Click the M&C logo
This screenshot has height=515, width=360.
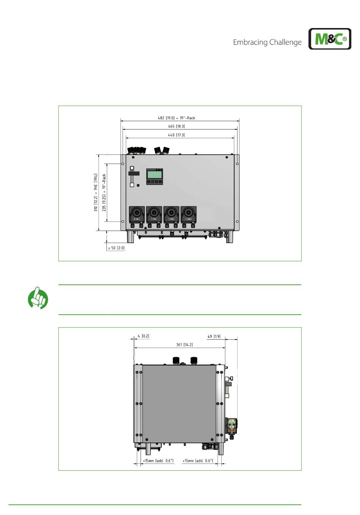click(x=330, y=39)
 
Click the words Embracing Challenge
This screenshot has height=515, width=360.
click(x=267, y=42)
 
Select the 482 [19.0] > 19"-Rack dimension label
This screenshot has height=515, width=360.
click(x=176, y=118)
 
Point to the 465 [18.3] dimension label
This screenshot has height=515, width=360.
click(x=176, y=126)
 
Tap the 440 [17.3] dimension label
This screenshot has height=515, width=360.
click(x=176, y=135)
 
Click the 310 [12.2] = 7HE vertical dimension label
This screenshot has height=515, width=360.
click(x=96, y=192)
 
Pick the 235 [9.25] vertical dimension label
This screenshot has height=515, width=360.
click(x=104, y=192)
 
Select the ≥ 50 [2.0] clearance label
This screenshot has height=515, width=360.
click(x=116, y=248)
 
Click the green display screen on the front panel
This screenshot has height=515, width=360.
click(x=155, y=175)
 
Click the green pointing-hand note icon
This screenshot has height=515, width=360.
click(x=38, y=298)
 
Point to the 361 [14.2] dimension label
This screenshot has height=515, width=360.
click(x=184, y=345)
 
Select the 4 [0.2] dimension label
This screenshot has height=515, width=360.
click(x=143, y=336)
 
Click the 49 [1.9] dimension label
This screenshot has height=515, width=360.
click(x=214, y=336)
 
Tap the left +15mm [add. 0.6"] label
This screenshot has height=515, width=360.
click(x=158, y=461)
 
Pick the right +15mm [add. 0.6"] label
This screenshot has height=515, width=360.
click(x=197, y=461)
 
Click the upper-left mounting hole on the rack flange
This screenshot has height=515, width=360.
click(x=123, y=164)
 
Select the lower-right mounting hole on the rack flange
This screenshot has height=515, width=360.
click(x=237, y=222)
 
